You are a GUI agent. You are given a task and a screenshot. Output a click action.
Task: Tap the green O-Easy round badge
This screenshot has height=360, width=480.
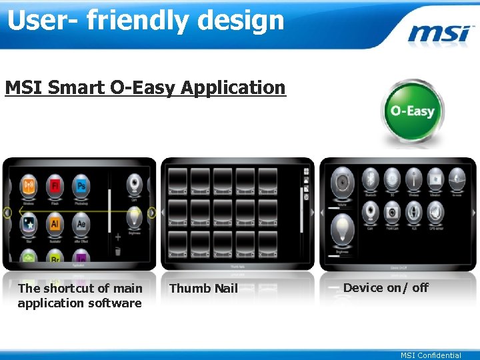point(411,111)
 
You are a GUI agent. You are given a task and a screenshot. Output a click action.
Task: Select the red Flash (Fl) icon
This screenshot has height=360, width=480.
point(55,185)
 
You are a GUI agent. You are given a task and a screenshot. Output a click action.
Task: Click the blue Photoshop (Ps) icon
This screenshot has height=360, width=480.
point(81,185)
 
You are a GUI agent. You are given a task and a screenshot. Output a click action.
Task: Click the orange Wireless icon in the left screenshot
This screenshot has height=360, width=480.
point(29,185)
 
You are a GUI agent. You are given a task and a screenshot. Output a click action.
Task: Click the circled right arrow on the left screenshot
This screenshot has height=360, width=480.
point(151,213)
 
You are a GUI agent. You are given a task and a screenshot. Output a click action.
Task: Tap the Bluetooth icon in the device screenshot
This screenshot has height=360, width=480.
point(371,179)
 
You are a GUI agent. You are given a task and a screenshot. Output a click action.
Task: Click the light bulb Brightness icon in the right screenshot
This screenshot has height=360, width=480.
point(343,234)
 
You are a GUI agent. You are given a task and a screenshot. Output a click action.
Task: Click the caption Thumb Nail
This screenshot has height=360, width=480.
point(203,289)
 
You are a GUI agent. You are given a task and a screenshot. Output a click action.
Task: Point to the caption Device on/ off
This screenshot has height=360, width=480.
point(385,288)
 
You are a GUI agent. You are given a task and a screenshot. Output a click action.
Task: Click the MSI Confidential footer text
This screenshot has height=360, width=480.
point(431,355)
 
